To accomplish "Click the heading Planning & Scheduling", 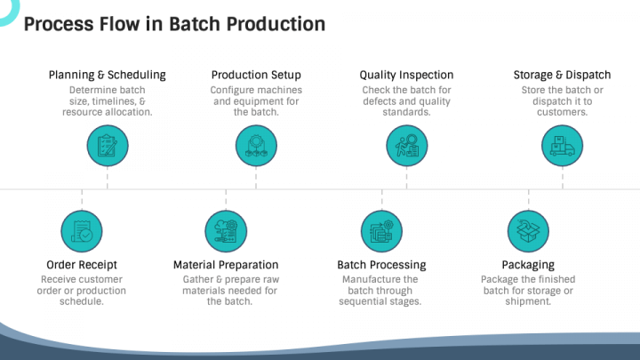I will pyautogui.click(x=108, y=76).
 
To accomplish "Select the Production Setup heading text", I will pyautogui.click(x=256, y=76).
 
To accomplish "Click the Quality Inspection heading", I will pyautogui.click(x=407, y=76).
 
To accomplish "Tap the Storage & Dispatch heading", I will pyautogui.click(x=562, y=76).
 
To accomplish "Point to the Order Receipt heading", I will pyautogui.click(x=82, y=265).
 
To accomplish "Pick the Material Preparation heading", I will pyautogui.click(x=226, y=265).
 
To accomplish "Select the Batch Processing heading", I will pyautogui.click(x=381, y=265).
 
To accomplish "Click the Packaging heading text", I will pyautogui.click(x=528, y=265).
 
